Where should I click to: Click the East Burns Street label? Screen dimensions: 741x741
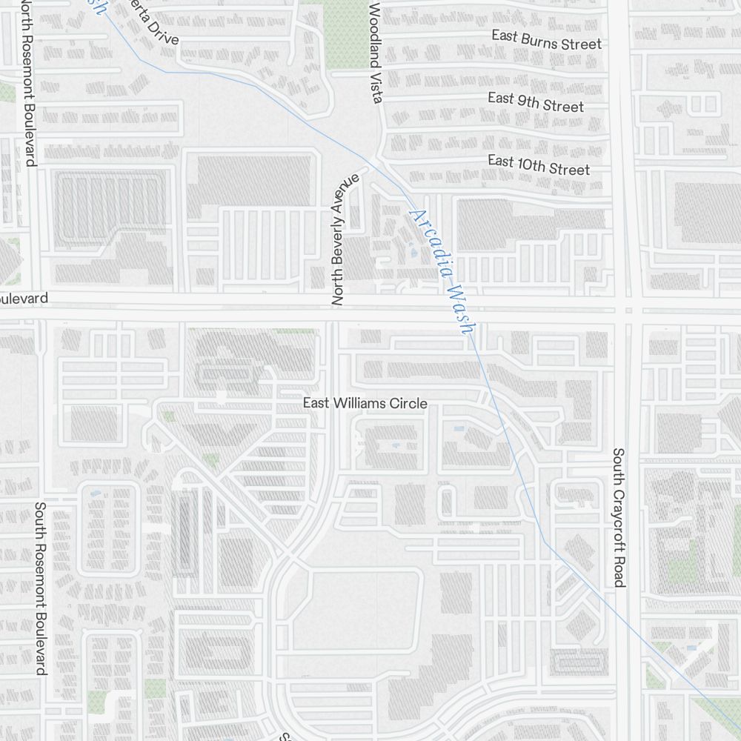click(x=547, y=40)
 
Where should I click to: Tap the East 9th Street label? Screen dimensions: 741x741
click(x=536, y=102)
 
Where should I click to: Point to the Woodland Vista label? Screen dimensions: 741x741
click(x=375, y=52)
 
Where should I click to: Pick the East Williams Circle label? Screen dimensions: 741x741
click(x=365, y=403)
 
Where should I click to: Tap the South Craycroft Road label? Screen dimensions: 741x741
click(x=619, y=517)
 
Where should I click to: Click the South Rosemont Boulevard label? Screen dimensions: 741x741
click(x=41, y=588)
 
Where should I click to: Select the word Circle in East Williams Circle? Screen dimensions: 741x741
click(x=408, y=403)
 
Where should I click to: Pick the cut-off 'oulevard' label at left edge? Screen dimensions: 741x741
click(x=24, y=299)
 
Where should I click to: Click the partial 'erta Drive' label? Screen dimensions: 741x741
click(x=152, y=21)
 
